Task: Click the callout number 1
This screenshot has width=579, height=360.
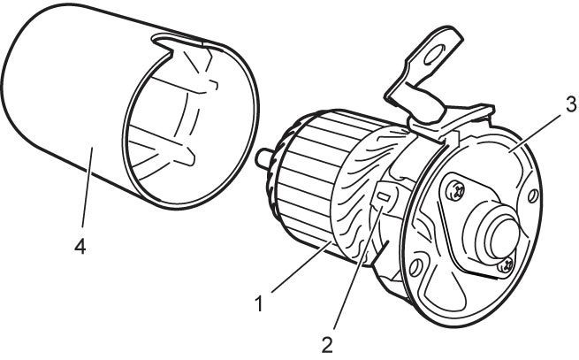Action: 259,303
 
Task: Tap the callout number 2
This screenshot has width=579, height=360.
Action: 327,345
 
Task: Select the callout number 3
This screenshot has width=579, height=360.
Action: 570,104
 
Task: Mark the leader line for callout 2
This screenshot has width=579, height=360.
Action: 358,268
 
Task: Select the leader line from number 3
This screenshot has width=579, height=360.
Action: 536,132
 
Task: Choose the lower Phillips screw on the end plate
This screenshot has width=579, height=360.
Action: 505,265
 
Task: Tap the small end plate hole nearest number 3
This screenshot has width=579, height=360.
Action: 533,195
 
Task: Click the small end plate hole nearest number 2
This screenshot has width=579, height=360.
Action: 415,266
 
